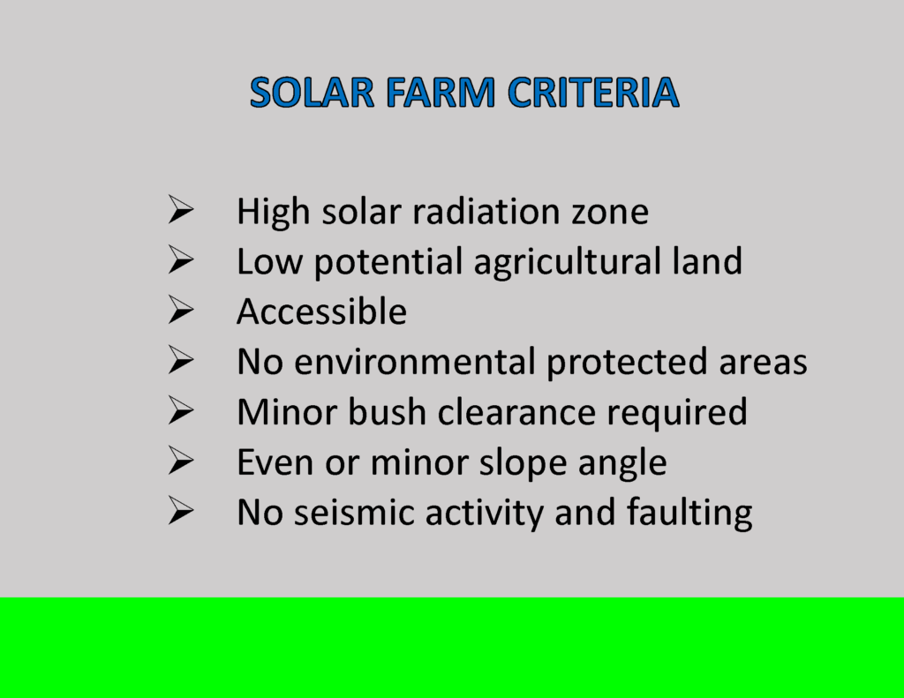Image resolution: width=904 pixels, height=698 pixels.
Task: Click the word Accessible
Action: [x=321, y=312]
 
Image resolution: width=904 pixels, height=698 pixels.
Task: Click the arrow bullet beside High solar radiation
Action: [x=181, y=211]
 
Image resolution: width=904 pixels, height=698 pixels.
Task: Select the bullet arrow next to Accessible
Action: [x=181, y=311]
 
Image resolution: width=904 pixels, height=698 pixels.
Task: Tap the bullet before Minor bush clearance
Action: [x=181, y=410]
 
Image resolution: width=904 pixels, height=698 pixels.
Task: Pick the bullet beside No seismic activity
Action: [x=181, y=511]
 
